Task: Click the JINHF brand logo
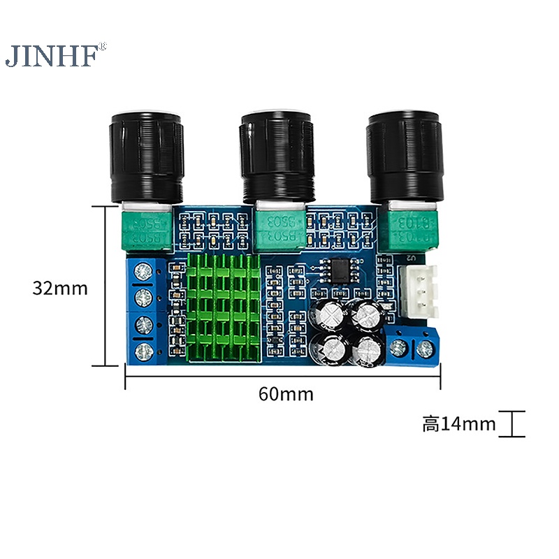coord(50,56)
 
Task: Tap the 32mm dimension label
coord(60,287)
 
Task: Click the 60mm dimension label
coord(286,393)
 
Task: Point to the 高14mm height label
coord(458,423)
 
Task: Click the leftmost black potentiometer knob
coord(147,157)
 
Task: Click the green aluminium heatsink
coord(224,307)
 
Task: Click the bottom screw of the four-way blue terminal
coord(147,350)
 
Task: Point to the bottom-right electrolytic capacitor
coord(366,351)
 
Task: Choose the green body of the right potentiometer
coord(411,229)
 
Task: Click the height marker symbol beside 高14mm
coord(514,424)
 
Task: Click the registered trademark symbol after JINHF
coord(103,47)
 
